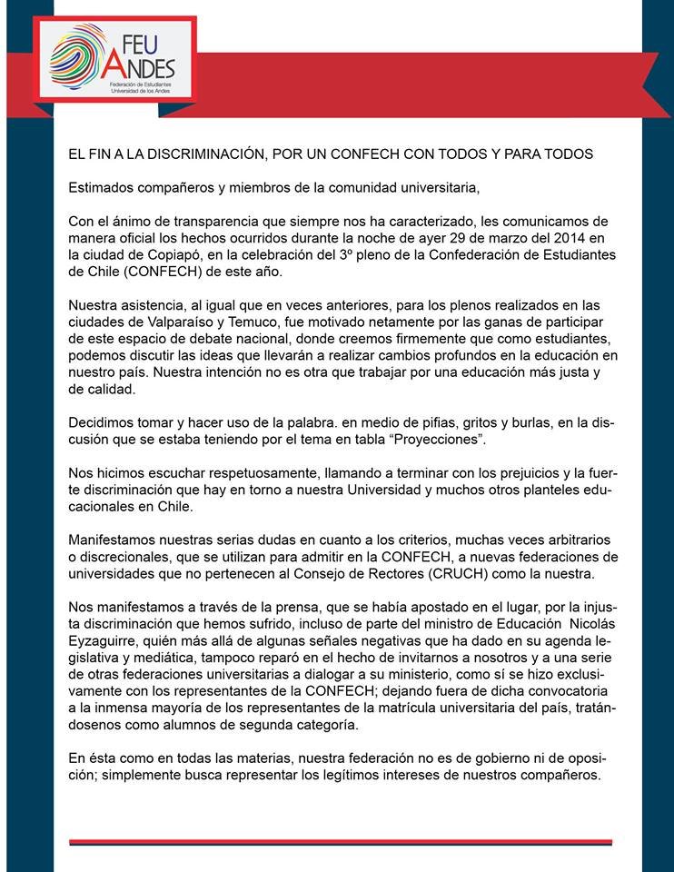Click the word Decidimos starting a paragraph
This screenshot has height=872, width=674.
point(101,421)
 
